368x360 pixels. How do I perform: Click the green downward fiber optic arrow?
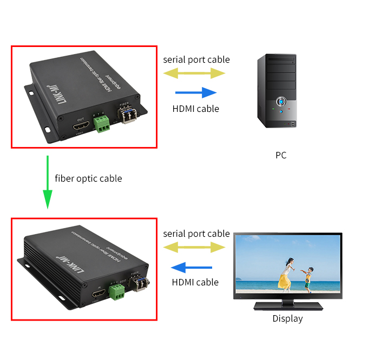click(48, 182)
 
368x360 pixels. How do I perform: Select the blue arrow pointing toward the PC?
click(195, 92)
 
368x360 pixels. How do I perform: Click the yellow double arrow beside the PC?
click(195, 73)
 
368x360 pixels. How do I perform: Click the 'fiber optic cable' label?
click(88, 178)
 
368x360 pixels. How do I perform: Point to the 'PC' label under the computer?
click(280, 155)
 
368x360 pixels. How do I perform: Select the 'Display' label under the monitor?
click(287, 318)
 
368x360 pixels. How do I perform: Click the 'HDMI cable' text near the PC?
click(195, 109)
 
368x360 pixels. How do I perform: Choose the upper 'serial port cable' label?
click(196, 59)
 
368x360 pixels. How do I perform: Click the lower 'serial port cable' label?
click(196, 234)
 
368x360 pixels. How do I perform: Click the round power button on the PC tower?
click(281, 101)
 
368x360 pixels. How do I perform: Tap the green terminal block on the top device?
click(102, 123)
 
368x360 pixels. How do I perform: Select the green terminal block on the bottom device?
click(116, 292)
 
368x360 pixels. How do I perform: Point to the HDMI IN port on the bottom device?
click(98, 295)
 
